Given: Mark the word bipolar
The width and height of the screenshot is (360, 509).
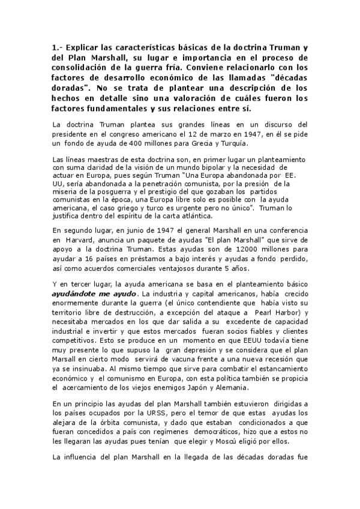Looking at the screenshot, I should [212, 168].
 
